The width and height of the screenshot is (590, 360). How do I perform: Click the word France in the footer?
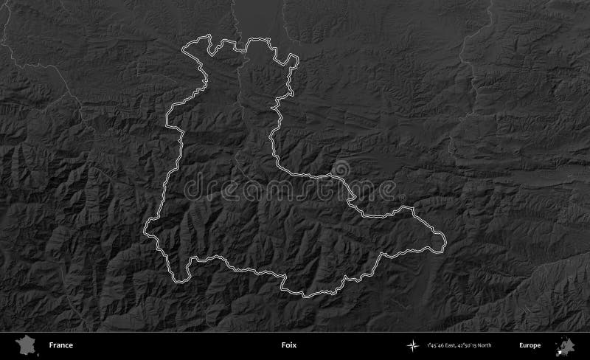[x=61, y=345]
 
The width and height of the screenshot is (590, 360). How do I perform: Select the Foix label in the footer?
[x=289, y=345]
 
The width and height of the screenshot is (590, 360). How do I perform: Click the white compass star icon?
[x=412, y=345]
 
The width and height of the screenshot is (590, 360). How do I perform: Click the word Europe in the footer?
[x=530, y=345]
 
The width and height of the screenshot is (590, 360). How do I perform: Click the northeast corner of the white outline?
[x=296, y=58]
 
